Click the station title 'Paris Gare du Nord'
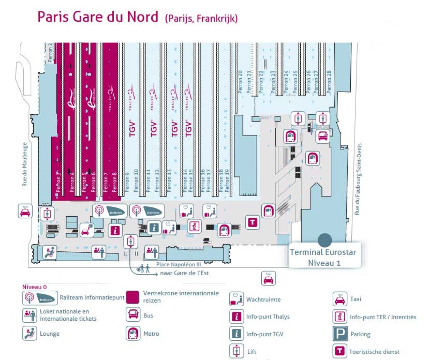point(99,17)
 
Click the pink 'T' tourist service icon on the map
point(253,222)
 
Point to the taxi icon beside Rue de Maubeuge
point(25,211)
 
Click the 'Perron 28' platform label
point(329,82)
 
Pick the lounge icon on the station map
point(49,252)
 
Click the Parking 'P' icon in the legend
point(340,334)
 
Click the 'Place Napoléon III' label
point(179,265)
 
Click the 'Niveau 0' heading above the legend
point(34,287)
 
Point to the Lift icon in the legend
point(236,351)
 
